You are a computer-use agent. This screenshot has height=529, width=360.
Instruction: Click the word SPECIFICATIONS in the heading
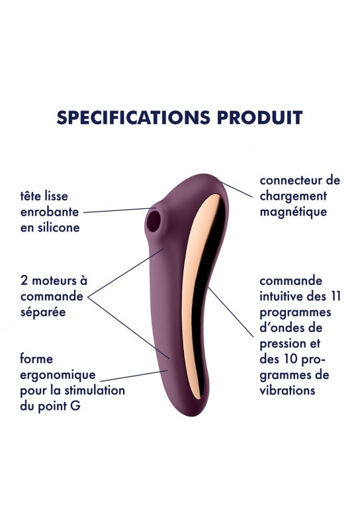coord(133,118)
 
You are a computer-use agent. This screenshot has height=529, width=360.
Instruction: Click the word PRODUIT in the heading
coord(259,118)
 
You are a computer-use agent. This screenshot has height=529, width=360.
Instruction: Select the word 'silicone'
coord(59,227)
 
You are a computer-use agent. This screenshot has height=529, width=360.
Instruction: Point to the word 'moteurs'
coord(54,280)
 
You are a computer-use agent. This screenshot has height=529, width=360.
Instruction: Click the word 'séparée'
coord(43,311)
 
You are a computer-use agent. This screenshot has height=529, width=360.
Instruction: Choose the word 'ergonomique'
coord(58,375)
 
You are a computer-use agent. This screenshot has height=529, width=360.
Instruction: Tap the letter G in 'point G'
coord(75,406)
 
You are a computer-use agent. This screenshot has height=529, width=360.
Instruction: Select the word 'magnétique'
coord(293,212)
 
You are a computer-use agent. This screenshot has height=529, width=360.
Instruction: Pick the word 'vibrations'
coord(287,390)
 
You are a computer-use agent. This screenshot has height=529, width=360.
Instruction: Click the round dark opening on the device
coord(154,222)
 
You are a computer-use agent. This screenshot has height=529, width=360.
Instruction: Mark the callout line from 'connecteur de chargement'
coord(236,190)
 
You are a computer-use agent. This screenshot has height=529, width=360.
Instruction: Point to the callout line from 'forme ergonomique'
coord(134,376)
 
